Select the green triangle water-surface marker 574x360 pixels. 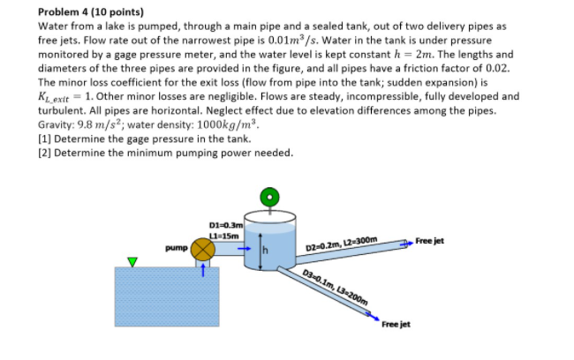132,261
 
